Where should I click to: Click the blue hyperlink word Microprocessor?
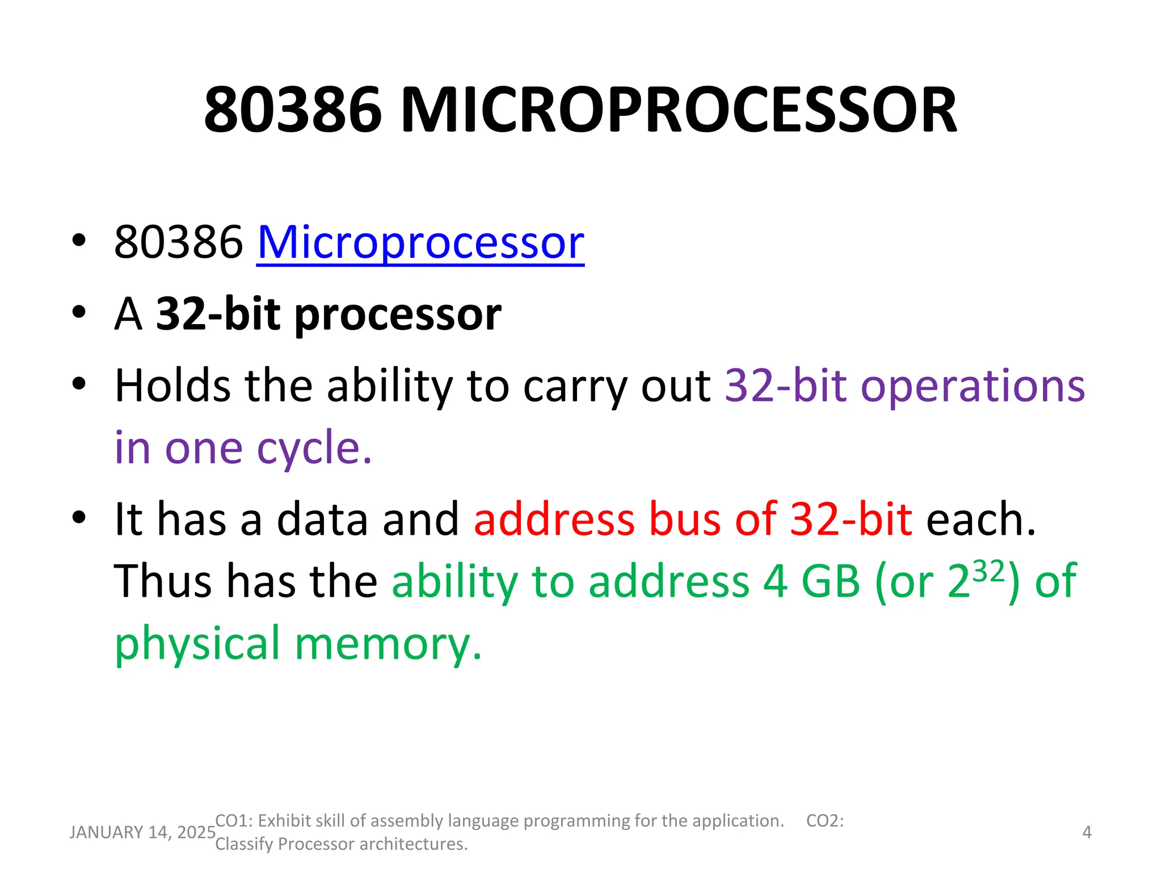pos(420,243)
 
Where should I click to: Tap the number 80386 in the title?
pos(293,110)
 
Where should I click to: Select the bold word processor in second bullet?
pos(398,315)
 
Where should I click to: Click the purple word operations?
pos(972,386)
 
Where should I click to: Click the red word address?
pos(554,519)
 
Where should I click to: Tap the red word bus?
pos(684,519)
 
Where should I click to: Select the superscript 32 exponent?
pos(989,571)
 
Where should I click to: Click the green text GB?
pos(830,581)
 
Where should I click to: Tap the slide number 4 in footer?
pos(1087,832)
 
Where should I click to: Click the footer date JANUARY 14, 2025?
pos(142,832)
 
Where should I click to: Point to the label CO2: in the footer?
pos(825,821)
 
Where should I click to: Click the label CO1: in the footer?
pos(234,821)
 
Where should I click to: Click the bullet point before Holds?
pos(79,384)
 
